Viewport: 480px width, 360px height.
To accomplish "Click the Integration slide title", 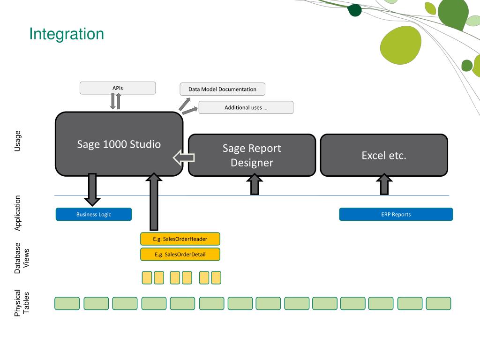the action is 67,34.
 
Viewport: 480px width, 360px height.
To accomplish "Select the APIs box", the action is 118,88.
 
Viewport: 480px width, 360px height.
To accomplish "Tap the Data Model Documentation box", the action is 222,89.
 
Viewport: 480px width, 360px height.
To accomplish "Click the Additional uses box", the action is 246,107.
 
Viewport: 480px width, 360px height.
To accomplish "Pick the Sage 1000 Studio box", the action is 119,144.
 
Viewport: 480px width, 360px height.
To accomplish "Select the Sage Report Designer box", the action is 252,155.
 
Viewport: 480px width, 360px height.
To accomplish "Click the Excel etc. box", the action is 384,155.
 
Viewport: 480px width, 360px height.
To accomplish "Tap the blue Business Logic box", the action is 94,214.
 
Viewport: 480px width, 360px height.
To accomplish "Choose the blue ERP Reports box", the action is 396,214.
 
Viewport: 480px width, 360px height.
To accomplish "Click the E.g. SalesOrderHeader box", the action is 180,239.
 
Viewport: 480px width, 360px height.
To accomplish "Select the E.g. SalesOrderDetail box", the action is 180,255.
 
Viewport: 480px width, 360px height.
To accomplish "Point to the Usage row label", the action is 17,141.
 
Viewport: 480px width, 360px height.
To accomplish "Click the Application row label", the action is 17,213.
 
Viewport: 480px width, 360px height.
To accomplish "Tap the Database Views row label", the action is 22,258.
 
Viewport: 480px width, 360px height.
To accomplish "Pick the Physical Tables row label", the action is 22,303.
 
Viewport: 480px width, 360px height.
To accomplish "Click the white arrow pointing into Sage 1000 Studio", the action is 184,157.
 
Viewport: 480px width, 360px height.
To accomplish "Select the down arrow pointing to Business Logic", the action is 92,189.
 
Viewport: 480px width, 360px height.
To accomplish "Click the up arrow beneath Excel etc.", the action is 384,184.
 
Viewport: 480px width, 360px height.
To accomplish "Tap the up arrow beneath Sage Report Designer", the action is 255,184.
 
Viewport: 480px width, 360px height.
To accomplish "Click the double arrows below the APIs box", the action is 116,101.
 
